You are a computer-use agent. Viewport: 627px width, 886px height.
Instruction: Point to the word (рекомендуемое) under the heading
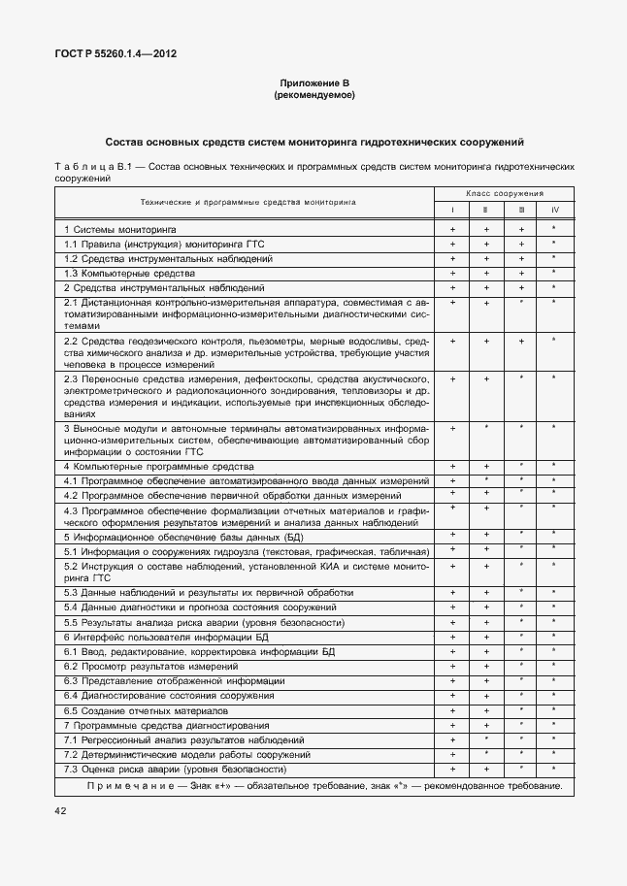pyautogui.click(x=313, y=96)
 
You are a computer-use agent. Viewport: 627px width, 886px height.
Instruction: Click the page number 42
pyautogui.click(x=60, y=809)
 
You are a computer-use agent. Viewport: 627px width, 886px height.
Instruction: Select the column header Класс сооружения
pyautogui.click(x=504, y=194)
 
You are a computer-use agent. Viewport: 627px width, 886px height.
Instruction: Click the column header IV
pyautogui.click(x=554, y=210)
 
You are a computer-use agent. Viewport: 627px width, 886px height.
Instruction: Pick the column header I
pyautogui.click(x=452, y=210)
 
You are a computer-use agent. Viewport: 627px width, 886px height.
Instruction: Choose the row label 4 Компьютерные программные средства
pyautogui.click(x=158, y=466)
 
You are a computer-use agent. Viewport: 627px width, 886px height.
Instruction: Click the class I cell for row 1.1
pyautogui.click(x=452, y=244)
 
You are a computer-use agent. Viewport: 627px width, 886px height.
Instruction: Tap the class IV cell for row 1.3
pyautogui.click(x=554, y=274)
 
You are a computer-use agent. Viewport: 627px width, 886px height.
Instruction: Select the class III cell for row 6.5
pyautogui.click(x=521, y=710)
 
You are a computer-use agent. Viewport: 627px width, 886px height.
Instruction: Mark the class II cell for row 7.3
pyautogui.click(x=486, y=770)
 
